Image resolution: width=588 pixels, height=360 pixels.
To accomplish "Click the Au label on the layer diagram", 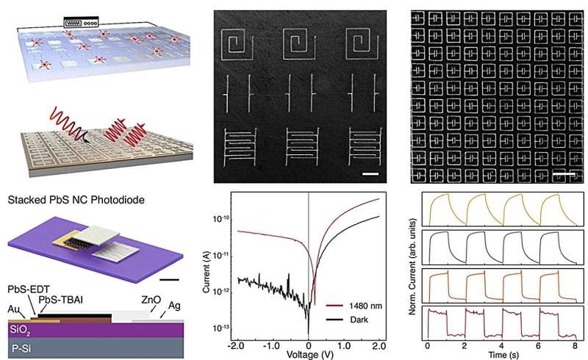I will (10, 311).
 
